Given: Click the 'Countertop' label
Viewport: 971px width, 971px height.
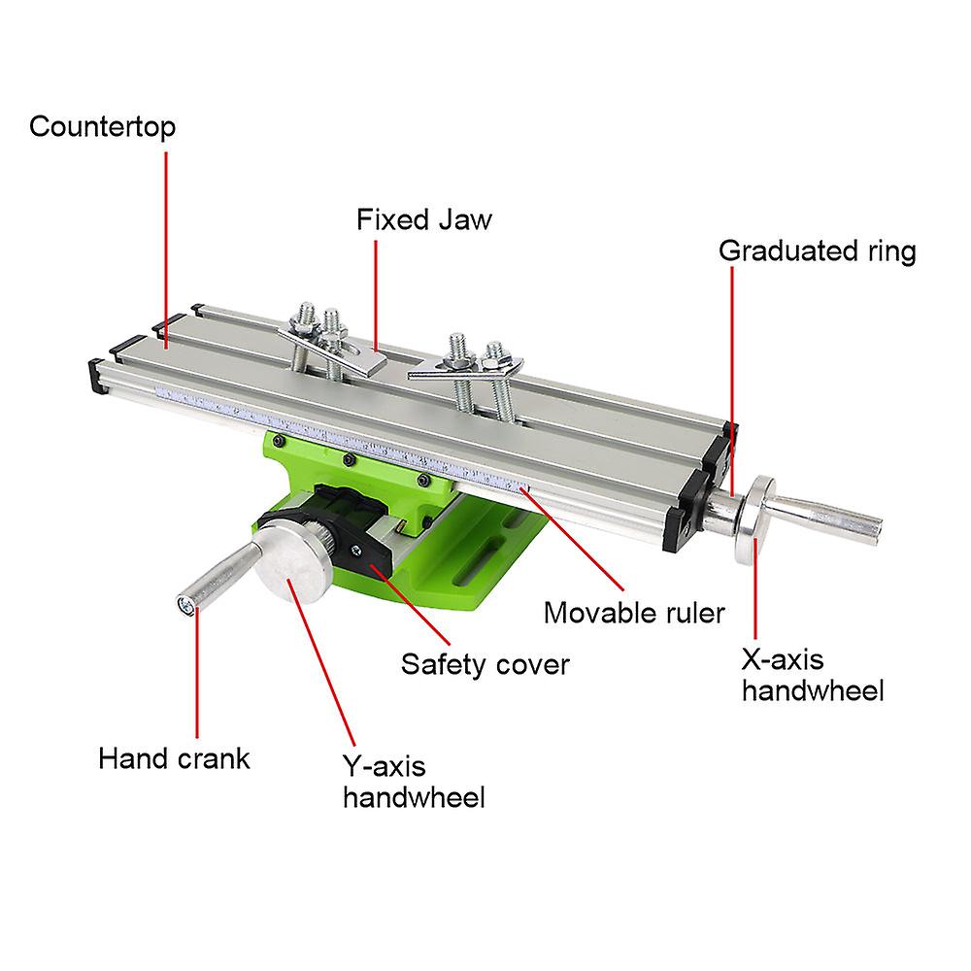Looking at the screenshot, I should [102, 127].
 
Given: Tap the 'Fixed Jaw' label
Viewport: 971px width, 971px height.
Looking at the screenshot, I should [423, 218].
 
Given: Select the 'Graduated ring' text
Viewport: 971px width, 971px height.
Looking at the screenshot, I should [817, 251].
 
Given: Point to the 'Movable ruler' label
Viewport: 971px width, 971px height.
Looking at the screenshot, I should [633, 613].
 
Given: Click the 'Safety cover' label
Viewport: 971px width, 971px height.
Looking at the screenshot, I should [485, 664].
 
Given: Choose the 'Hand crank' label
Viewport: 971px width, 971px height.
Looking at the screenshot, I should [174, 756].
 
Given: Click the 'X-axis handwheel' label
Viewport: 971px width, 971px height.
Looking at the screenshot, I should [812, 675].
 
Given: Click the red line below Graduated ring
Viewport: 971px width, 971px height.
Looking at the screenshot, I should [730, 369].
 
